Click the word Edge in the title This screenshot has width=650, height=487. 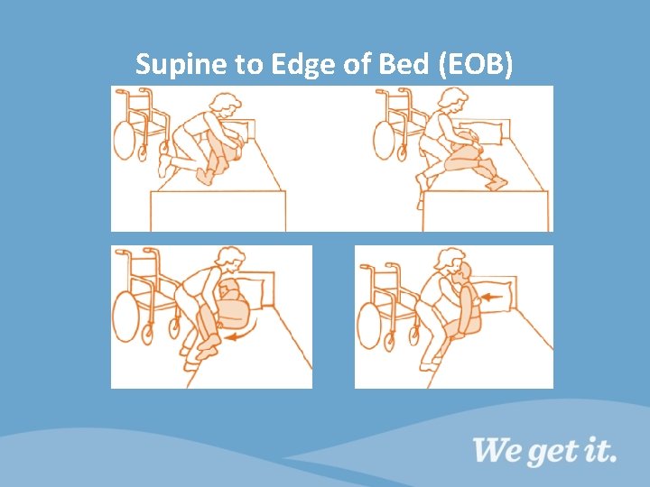click(283, 64)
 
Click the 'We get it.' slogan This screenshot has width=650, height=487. click(544, 449)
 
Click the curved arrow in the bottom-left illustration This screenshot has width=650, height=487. click(243, 334)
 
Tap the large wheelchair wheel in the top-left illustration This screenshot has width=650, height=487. click(125, 139)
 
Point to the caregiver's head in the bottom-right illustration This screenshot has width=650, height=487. click(450, 262)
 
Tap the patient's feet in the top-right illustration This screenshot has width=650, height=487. click(496, 183)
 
